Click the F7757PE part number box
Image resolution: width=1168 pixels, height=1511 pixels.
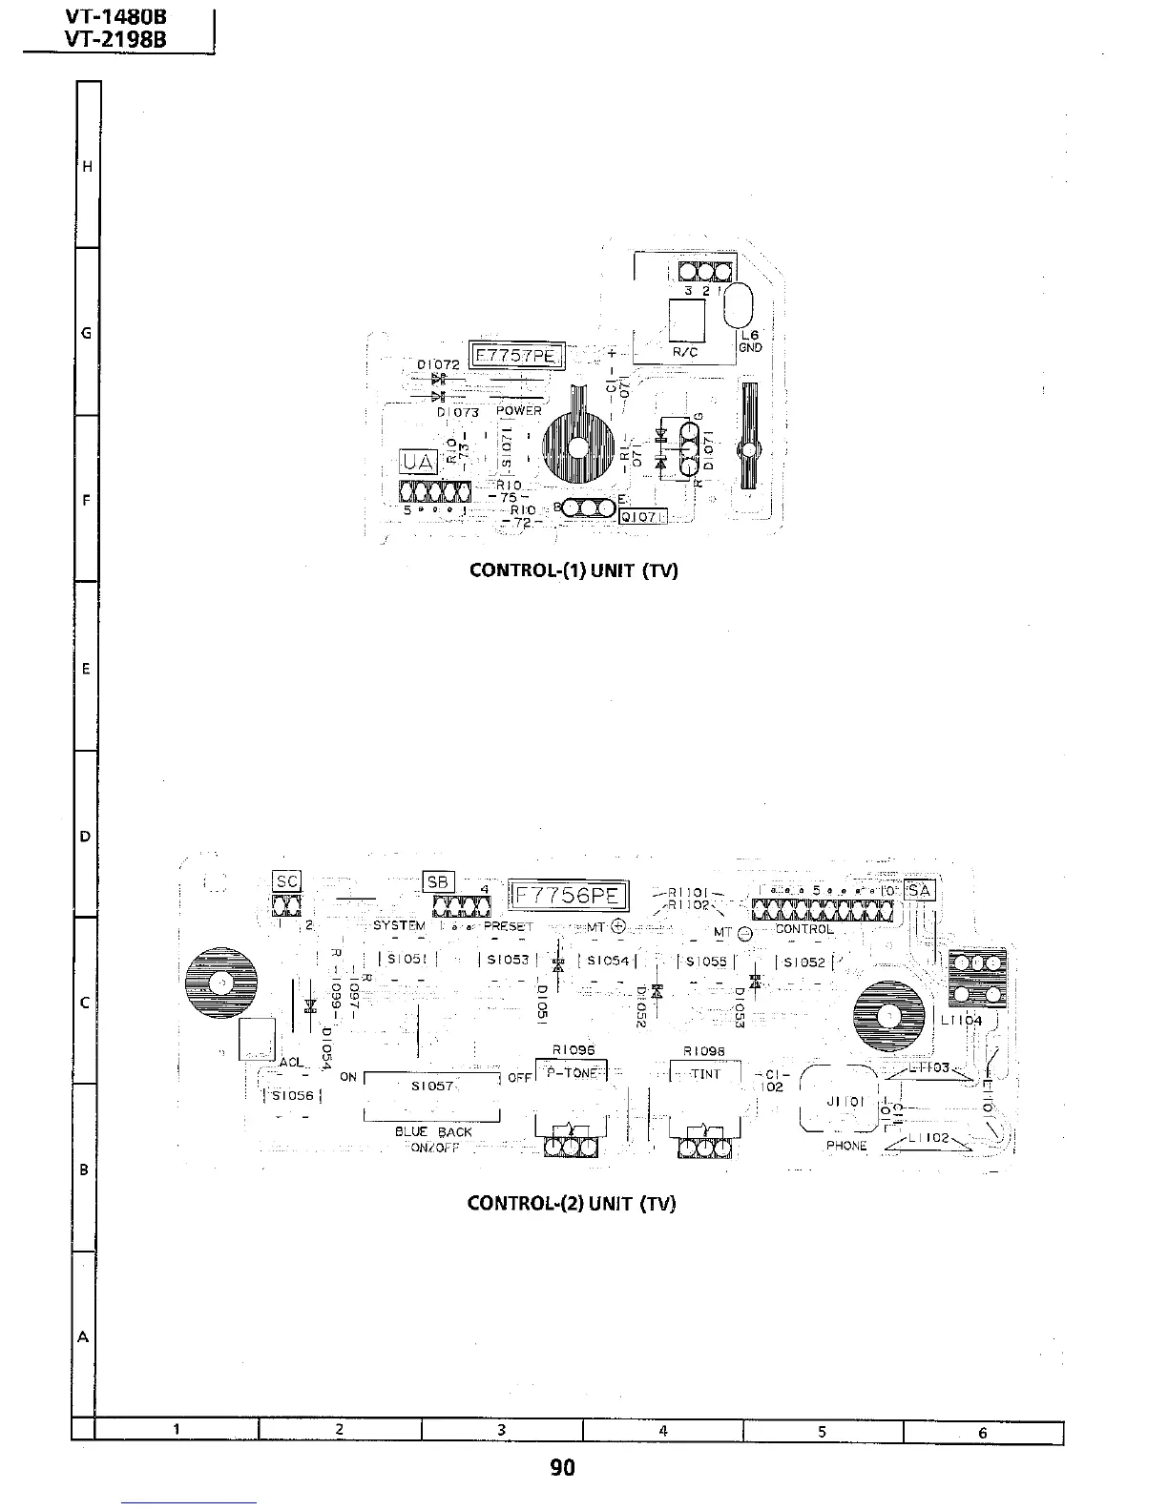(x=517, y=357)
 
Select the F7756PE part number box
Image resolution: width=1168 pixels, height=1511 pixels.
(x=568, y=896)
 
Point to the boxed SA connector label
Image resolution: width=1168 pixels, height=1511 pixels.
(x=921, y=890)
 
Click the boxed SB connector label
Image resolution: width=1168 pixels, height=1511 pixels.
(x=438, y=881)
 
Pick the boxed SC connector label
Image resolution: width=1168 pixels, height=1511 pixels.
(x=286, y=881)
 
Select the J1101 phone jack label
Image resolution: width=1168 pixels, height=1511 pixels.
(x=845, y=1101)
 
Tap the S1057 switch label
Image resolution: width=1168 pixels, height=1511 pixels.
(x=431, y=1086)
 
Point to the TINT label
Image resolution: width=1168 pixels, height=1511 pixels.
(x=706, y=1074)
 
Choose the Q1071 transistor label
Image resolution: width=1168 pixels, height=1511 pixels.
(x=643, y=517)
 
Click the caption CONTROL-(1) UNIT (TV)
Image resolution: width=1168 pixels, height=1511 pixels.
(x=574, y=570)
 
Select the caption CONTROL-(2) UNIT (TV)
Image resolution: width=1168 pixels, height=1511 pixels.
(x=572, y=1202)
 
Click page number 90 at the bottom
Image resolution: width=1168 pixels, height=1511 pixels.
(x=563, y=1467)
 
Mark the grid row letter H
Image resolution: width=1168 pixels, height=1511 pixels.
(x=87, y=167)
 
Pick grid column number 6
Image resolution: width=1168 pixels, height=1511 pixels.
(x=982, y=1432)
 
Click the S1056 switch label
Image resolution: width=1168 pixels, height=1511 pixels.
(x=292, y=1095)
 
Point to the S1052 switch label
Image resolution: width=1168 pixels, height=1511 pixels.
(x=803, y=962)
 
